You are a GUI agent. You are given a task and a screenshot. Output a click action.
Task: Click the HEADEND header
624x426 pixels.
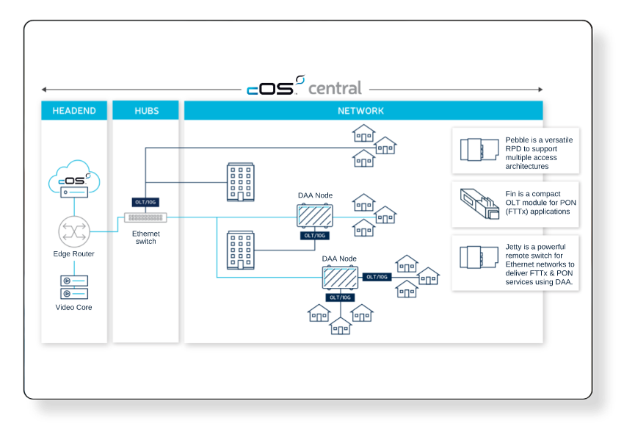pyautogui.click(x=74, y=111)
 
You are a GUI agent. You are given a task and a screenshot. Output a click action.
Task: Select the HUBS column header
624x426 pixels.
pyautogui.click(x=146, y=111)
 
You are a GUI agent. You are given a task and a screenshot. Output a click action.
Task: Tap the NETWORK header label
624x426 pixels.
pyautogui.click(x=360, y=111)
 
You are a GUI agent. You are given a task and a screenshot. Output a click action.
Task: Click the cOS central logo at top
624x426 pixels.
pyautogui.click(x=304, y=87)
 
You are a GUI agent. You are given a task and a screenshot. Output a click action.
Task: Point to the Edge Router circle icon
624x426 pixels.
pyautogui.click(x=73, y=231)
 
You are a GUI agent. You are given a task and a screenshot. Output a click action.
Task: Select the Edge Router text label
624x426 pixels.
pyautogui.click(x=73, y=254)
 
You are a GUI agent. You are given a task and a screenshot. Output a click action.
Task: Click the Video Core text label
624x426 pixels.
pyautogui.click(x=73, y=307)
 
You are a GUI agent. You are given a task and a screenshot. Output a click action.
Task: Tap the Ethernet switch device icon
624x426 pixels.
pyautogui.click(x=145, y=217)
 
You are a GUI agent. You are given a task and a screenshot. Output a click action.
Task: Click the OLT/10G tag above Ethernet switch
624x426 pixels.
pyautogui.click(x=145, y=202)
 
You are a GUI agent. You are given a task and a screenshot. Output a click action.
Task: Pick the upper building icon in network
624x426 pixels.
pyautogui.click(x=240, y=182)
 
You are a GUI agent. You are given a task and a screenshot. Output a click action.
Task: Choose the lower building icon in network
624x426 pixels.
pyautogui.click(x=240, y=250)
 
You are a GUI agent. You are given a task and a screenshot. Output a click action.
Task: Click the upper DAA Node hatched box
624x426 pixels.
pyautogui.click(x=314, y=216)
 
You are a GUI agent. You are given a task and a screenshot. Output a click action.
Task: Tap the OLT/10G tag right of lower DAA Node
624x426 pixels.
pyautogui.click(x=377, y=277)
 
